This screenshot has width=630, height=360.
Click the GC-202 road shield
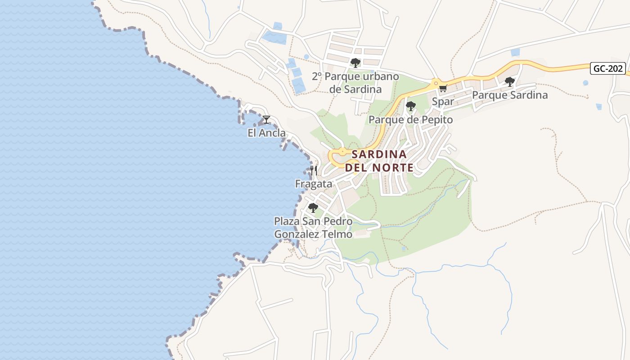click(x=608, y=68)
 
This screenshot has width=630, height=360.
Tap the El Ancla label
click(x=266, y=133)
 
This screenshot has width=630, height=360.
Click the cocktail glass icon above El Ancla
click(x=266, y=120)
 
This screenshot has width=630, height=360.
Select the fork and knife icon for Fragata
click(x=314, y=171)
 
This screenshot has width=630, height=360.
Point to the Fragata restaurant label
click(x=314, y=184)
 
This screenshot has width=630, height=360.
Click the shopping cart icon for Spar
click(x=443, y=88)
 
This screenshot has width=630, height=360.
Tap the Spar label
click(x=443, y=102)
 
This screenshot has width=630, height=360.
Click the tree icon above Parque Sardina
click(x=509, y=82)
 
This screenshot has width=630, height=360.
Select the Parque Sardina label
click(x=509, y=95)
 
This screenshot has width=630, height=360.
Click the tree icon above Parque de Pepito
click(x=410, y=106)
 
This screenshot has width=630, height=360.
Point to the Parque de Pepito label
click(x=410, y=119)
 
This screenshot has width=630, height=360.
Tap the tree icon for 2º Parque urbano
click(x=355, y=63)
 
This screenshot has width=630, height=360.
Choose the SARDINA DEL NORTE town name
click(x=379, y=161)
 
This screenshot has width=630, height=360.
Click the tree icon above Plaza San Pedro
click(x=313, y=208)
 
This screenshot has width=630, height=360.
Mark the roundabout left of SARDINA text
click(x=342, y=152)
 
